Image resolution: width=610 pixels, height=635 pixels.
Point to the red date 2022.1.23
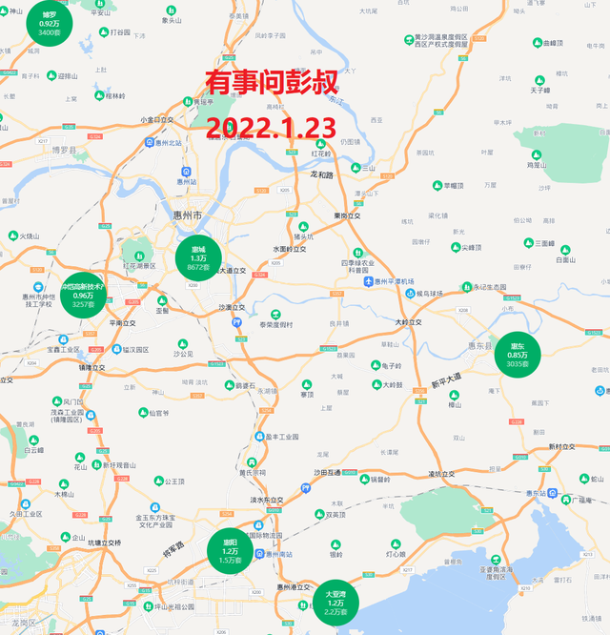tap(272, 128)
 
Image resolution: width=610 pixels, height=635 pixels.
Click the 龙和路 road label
tap(324, 174)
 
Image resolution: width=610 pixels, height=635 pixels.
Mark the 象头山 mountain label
tap(173, 19)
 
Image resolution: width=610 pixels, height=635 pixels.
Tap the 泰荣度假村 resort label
tap(277, 324)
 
